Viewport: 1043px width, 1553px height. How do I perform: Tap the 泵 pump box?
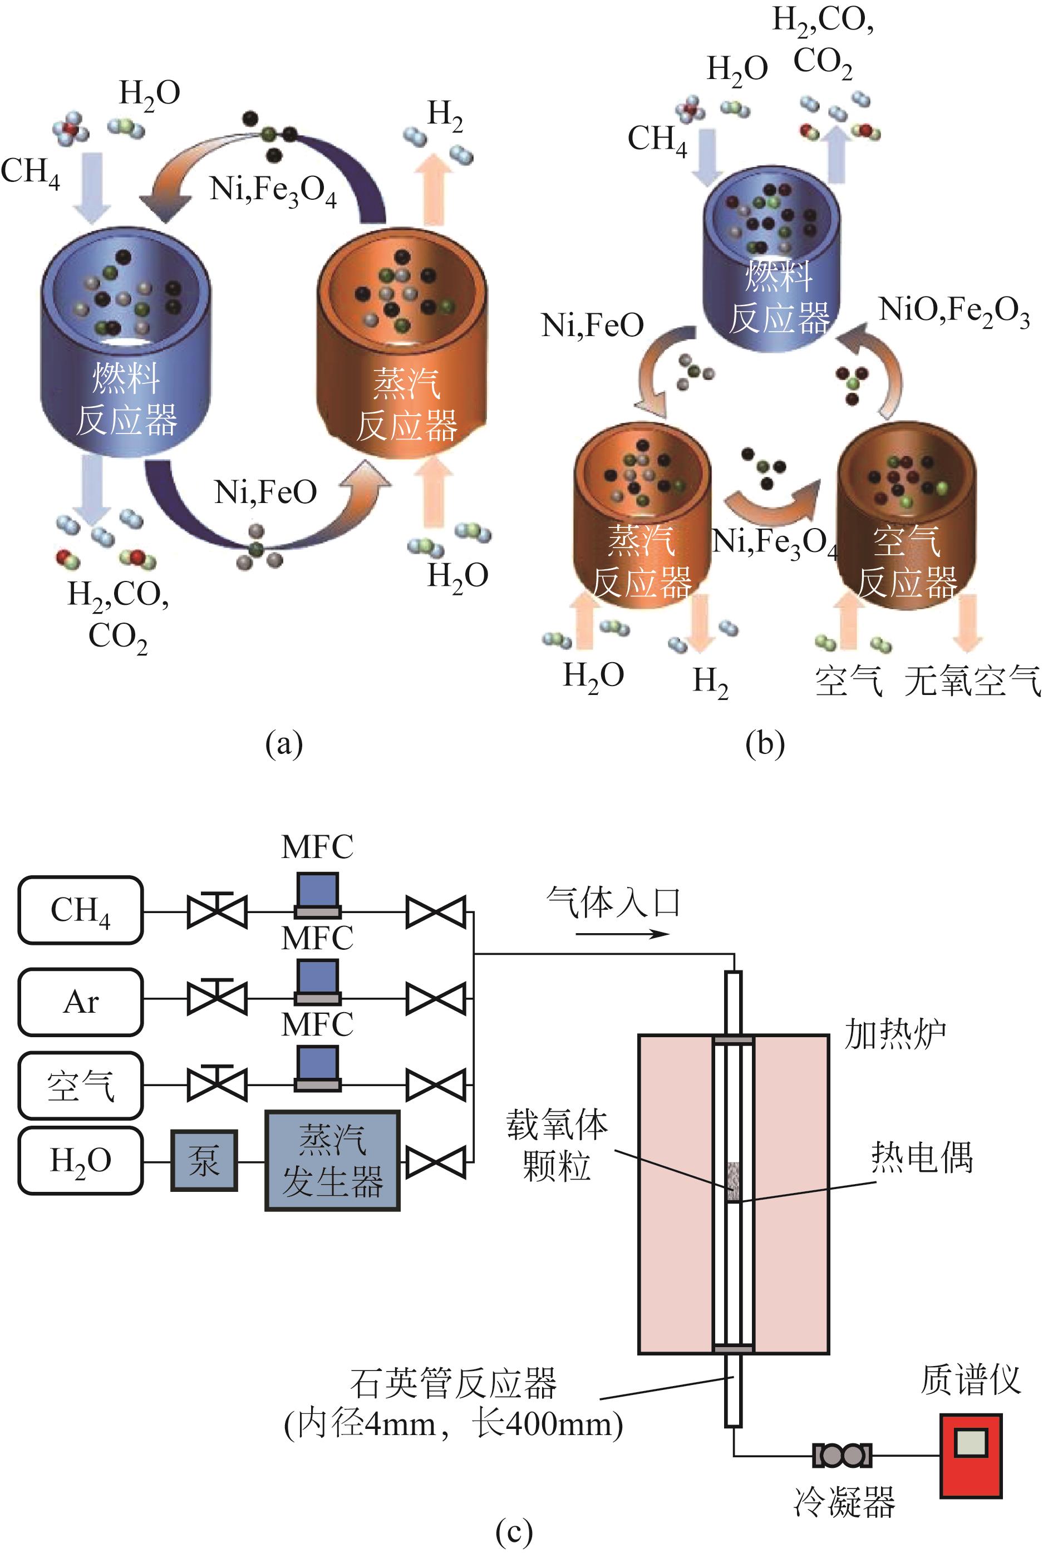coord(204,1160)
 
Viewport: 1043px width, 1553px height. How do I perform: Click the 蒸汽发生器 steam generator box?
coord(333,1160)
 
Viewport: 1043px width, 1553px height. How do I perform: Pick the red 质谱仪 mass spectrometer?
coord(971,1455)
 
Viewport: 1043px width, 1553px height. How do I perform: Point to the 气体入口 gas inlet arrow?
coord(622,934)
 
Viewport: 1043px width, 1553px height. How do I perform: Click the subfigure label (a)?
coord(284,743)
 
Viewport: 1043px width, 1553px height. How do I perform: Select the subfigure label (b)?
coord(765,743)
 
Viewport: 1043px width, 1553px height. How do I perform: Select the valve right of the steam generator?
coord(436,1161)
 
